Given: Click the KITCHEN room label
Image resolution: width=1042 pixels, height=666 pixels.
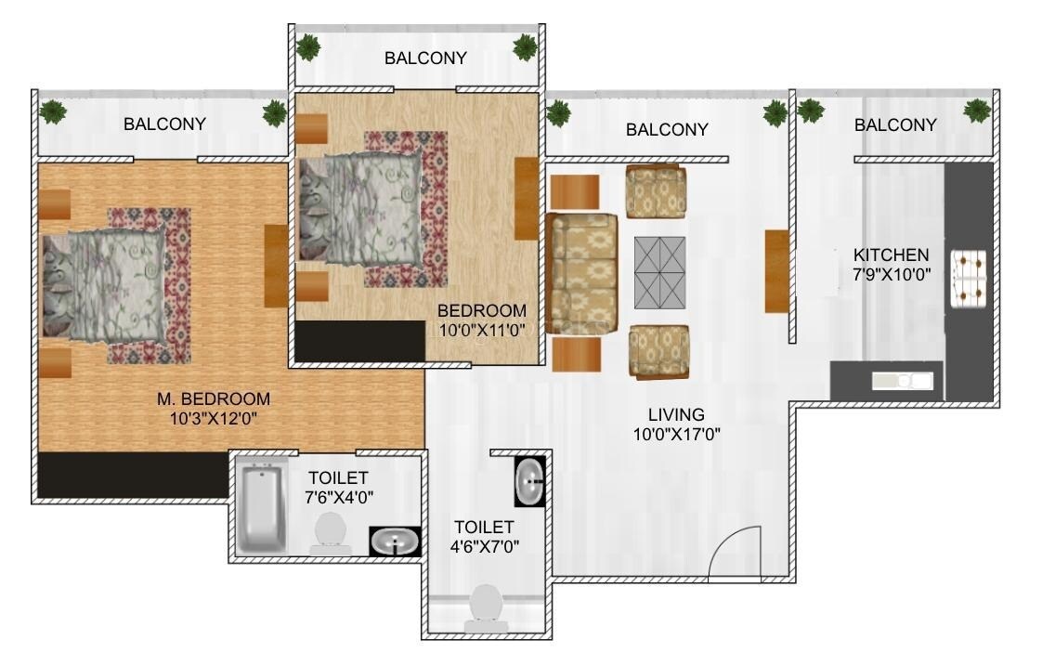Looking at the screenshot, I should click(891, 255).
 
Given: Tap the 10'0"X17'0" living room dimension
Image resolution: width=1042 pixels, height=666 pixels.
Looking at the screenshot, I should click(677, 434).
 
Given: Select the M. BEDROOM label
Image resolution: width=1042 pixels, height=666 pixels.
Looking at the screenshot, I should click(214, 399).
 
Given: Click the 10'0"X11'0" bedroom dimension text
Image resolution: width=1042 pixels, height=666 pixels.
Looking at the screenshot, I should click(482, 329).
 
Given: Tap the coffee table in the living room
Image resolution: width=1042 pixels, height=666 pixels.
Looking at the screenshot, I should click(659, 272).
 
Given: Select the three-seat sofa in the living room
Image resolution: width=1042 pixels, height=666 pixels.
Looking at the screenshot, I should click(581, 272).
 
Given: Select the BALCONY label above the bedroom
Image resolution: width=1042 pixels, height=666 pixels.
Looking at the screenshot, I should click(425, 59).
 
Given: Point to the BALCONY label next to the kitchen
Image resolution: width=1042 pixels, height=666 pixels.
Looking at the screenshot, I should click(895, 124).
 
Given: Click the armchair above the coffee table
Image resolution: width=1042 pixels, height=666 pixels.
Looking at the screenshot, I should click(656, 191).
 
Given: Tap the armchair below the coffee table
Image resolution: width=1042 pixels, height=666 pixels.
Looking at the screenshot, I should click(658, 351).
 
